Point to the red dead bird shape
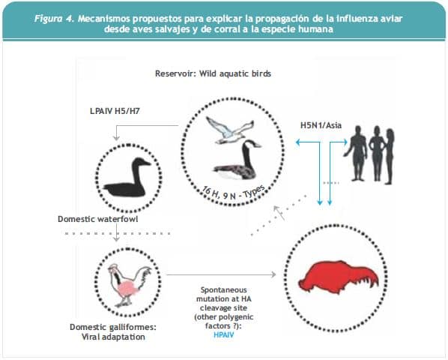[339, 277]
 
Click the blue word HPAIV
[224, 335]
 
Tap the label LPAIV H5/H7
[115, 111]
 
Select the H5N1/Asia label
[321, 125]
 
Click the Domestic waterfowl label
[97, 219]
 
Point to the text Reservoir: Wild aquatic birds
[214, 73]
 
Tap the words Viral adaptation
[113, 337]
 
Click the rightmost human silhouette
[389, 156]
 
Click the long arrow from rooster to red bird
[221, 274]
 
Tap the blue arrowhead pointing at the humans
[345, 142]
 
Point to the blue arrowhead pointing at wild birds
[298, 142]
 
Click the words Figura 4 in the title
[54, 19]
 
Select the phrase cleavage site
[223, 308]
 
